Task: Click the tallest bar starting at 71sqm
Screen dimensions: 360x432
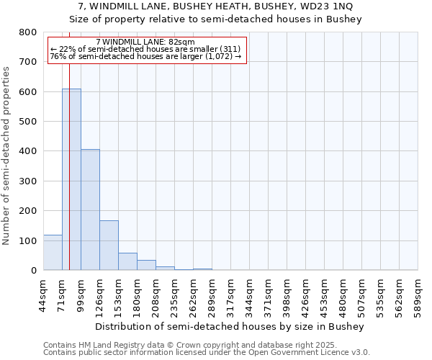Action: pos(71,179)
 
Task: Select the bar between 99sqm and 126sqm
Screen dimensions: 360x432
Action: pos(90,210)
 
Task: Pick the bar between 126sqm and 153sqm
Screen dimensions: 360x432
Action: pos(109,245)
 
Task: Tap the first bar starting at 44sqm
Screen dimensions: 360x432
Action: pos(53,252)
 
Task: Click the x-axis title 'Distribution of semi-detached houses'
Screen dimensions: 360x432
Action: pos(230,326)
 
